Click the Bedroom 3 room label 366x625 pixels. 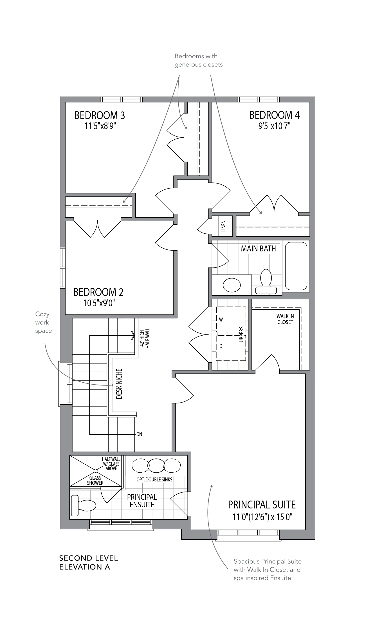click(x=100, y=115)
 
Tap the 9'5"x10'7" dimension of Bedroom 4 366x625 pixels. click(x=274, y=126)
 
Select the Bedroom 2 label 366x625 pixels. click(x=98, y=292)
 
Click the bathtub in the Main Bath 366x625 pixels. click(x=296, y=266)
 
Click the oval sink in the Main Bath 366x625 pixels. click(x=232, y=285)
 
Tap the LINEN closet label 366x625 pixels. click(x=223, y=226)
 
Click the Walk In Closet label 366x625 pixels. click(x=285, y=319)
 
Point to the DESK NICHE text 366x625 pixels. click(x=119, y=384)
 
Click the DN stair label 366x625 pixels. click(x=139, y=434)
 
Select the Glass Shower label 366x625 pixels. click(x=95, y=480)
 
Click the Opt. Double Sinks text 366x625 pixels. click(x=154, y=479)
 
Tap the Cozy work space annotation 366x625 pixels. click(x=44, y=322)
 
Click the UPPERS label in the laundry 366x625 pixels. click(x=241, y=334)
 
